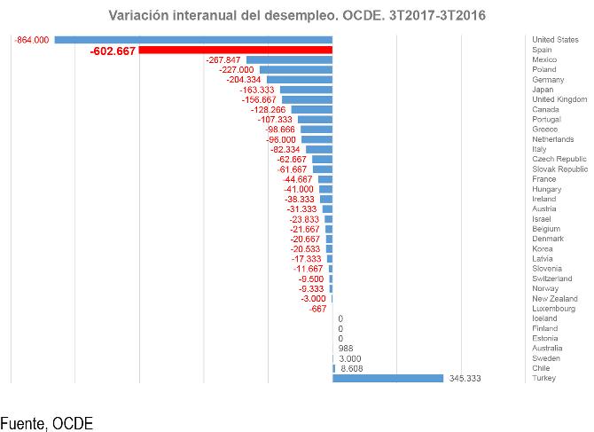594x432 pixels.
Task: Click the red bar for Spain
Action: coord(235,51)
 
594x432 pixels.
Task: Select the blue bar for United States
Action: coord(193,40)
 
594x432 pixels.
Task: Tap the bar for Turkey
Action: coord(387,379)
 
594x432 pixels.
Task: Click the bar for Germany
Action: coord(300,80)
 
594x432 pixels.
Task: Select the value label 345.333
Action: coord(466,379)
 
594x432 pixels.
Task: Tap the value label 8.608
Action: coord(352,368)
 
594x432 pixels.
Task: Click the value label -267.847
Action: coord(223,59)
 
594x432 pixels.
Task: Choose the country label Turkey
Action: coord(543,379)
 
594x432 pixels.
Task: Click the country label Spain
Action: coord(542,50)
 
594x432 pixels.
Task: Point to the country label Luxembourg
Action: coord(553,309)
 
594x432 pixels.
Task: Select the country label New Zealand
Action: coord(554,299)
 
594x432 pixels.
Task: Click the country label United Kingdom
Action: coord(559,99)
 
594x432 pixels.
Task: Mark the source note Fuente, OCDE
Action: coord(46,423)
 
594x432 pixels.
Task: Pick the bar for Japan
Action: coord(306,90)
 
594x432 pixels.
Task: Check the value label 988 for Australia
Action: coord(347,349)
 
